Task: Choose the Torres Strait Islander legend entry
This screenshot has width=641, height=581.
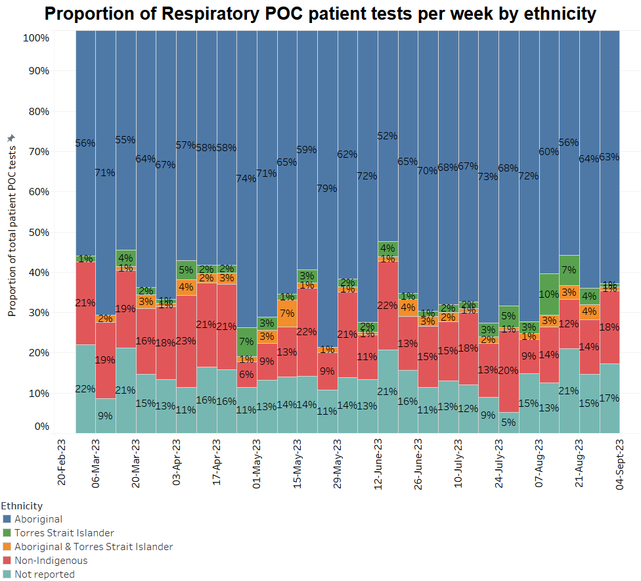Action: point(64,533)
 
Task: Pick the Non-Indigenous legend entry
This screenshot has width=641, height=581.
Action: point(51,561)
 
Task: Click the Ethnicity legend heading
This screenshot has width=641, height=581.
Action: point(22,506)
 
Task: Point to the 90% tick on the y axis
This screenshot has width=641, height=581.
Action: point(36,71)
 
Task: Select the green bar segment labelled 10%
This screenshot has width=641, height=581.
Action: point(548,294)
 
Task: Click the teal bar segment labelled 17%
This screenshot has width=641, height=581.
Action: point(609,398)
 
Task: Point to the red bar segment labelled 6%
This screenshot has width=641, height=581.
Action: point(246,375)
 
